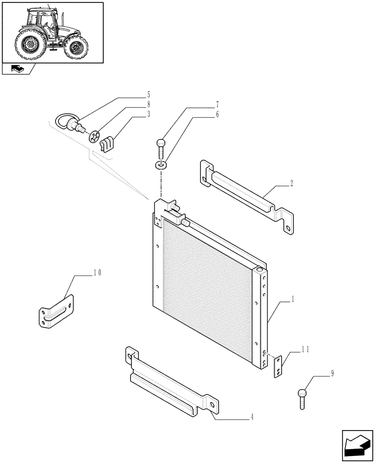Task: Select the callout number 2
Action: click(291, 183)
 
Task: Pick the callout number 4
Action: click(252, 416)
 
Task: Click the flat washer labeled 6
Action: click(160, 164)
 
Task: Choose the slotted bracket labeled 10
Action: click(56, 314)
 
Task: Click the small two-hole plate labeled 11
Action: click(277, 367)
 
